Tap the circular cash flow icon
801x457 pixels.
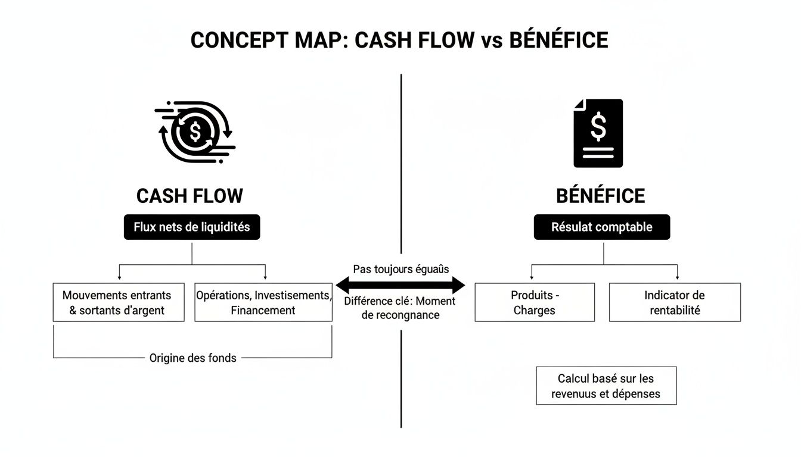click(x=194, y=132)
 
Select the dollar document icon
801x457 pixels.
click(x=598, y=133)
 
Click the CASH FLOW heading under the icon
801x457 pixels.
click(x=190, y=196)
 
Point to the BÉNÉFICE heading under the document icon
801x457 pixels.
click(x=600, y=196)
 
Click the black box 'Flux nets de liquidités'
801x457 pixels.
click(x=192, y=227)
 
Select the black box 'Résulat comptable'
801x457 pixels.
click(x=601, y=227)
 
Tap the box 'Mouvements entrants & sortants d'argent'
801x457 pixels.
click(x=118, y=302)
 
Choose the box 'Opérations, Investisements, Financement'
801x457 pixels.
click(x=263, y=302)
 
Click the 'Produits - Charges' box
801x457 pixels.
click(x=535, y=302)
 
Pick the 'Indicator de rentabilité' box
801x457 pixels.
click(x=675, y=302)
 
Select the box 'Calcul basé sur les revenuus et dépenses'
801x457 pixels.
click(x=606, y=386)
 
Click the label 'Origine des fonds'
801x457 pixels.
click(x=193, y=358)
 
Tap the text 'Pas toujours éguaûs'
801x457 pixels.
click(x=401, y=269)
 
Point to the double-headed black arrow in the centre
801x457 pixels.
click(x=401, y=285)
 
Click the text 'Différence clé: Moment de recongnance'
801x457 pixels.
click(x=400, y=308)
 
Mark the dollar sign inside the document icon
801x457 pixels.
click(x=598, y=126)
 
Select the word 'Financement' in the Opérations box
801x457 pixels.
click(x=263, y=310)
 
